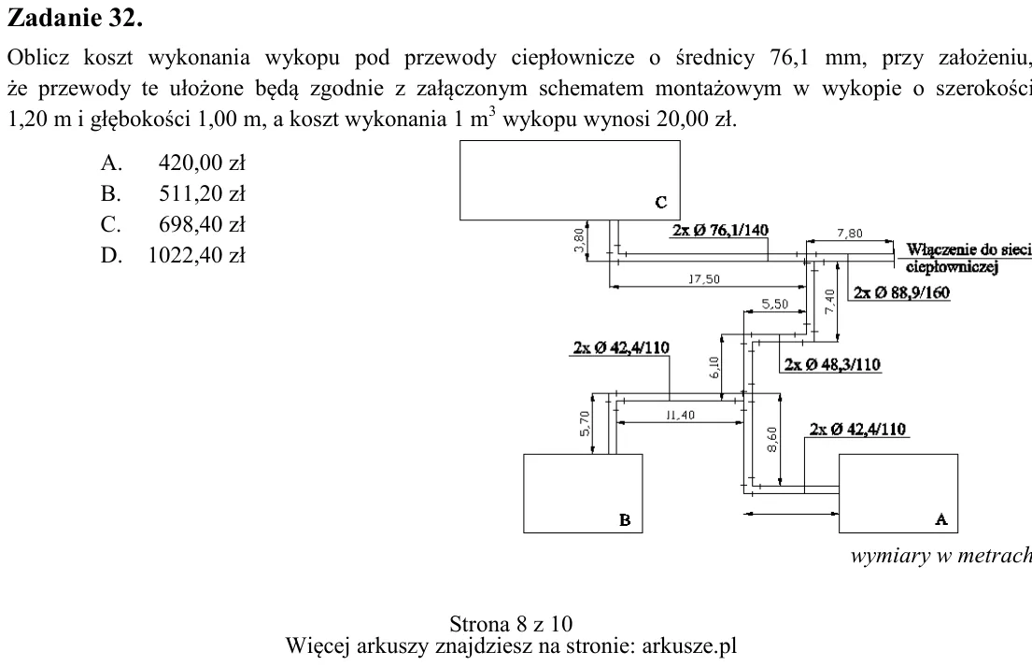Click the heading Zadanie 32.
click(x=75, y=18)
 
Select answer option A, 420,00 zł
click(x=173, y=163)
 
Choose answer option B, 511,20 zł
click(x=173, y=193)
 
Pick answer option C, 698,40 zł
click(x=173, y=224)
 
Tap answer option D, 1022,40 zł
click(x=173, y=255)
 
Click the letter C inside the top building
click(x=661, y=203)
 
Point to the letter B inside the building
click(x=625, y=520)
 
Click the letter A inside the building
click(x=941, y=519)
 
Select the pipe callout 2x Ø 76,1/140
click(x=720, y=231)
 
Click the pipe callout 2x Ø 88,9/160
click(x=901, y=292)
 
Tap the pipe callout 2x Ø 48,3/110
click(x=832, y=364)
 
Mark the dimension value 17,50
click(x=704, y=279)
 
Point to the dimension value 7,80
click(x=850, y=233)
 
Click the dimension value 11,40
click(x=680, y=415)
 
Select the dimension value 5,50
click(x=774, y=305)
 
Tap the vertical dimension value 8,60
click(x=772, y=440)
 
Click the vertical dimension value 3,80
click(x=579, y=239)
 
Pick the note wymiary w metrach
click(x=941, y=556)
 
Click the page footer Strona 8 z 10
click(x=511, y=623)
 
